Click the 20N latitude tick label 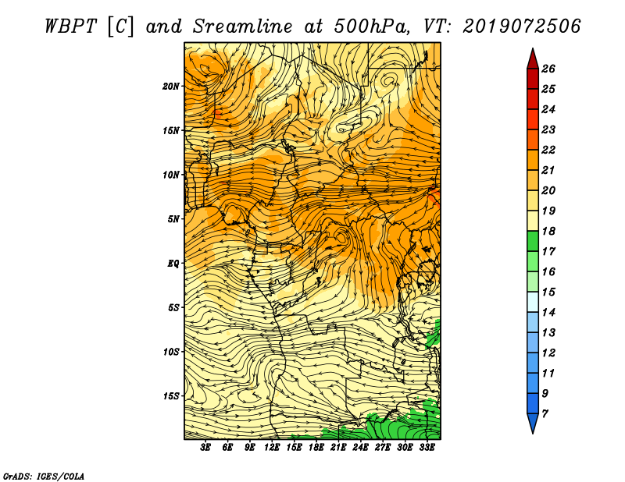tap(171, 86)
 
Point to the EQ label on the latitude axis tap(173, 263)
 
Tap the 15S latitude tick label tap(171, 395)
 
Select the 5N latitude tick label tap(173, 219)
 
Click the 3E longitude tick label tap(205, 448)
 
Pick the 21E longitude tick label tap(338, 448)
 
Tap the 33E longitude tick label tap(427, 448)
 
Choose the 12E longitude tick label tap(272, 448)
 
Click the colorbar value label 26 tap(548, 69)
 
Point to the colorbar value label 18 tap(548, 231)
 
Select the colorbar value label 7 tap(545, 414)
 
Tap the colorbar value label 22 tap(548, 150)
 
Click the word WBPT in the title tap(70, 27)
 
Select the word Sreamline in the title tap(243, 27)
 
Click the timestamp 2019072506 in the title tap(522, 27)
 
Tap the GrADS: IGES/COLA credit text tap(44, 477)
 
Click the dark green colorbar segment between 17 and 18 tap(533, 241)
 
